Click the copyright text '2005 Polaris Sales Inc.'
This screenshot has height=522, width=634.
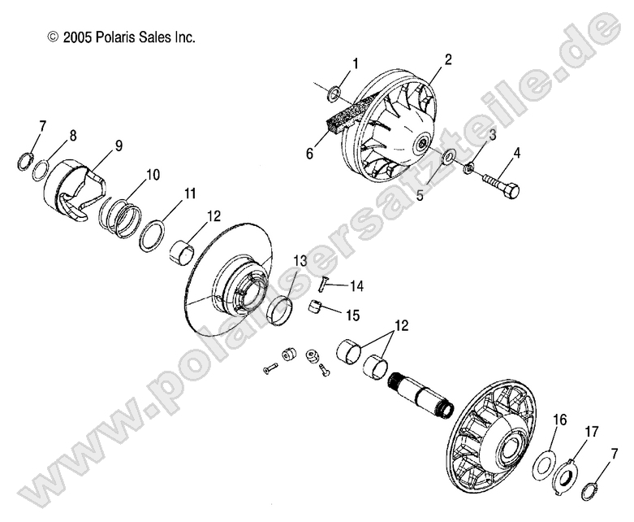[122, 37]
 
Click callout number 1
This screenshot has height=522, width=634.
[355, 63]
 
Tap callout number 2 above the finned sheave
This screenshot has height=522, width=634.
[446, 59]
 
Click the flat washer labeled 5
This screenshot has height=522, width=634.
[447, 156]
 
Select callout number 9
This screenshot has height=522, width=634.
[119, 146]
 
